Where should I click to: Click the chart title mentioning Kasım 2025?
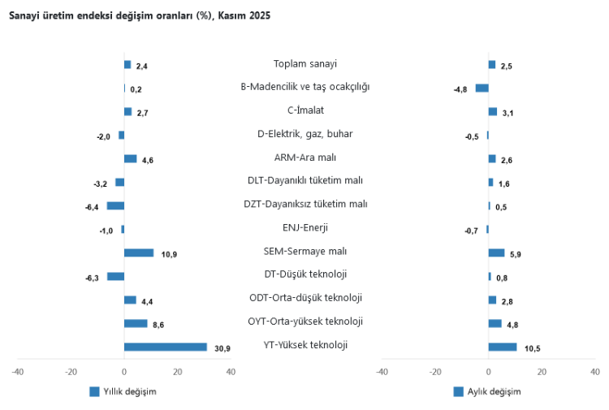click(x=140, y=16)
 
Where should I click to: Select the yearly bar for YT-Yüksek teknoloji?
click(x=166, y=347)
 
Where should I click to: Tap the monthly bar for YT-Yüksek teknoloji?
click(x=503, y=347)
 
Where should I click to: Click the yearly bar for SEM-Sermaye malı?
click(x=139, y=252)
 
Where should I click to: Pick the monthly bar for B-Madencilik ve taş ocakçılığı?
click(x=482, y=88)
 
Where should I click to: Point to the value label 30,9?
click(x=222, y=348)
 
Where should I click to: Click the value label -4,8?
click(x=460, y=89)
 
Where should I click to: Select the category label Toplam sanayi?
click(x=305, y=63)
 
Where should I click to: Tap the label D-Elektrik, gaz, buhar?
click(x=305, y=134)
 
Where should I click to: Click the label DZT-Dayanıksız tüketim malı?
click(x=305, y=204)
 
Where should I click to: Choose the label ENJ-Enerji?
click(x=305, y=227)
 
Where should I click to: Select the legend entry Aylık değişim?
click(x=487, y=391)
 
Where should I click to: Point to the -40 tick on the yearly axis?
click(x=18, y=372)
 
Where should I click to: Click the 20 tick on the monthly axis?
click(x=541, y=372)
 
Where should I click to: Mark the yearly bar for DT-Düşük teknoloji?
click(x=115, y=276)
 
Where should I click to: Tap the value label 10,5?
click(x=533, y=348)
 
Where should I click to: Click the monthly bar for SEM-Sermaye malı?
click(x=496, y=252)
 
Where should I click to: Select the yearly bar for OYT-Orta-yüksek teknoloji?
click(x=136, y=323)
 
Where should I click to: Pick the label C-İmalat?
click(x=305, y=110)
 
